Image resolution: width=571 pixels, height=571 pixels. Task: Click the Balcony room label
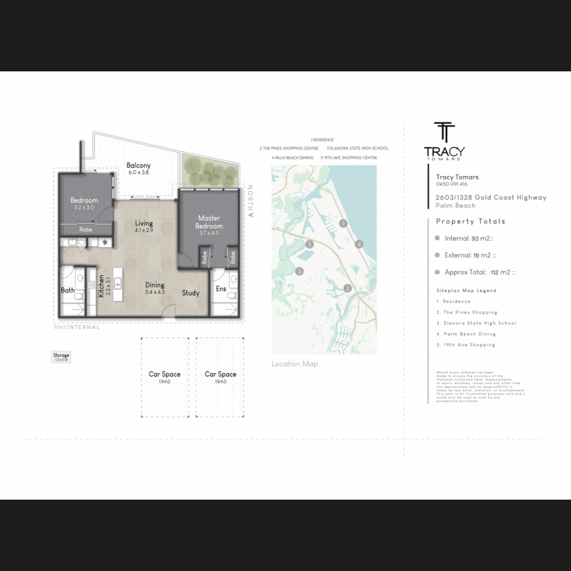click(x=139, y=165)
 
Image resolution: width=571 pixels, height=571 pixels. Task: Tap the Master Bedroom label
click(x=209, y=222)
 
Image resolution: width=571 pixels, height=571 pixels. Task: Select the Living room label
click(x=144, y=223)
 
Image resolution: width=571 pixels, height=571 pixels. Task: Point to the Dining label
click(x=155, y=285)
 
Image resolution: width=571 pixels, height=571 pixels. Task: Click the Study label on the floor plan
click(x=191, y=292)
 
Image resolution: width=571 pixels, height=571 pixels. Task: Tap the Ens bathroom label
click(x=220, y=289)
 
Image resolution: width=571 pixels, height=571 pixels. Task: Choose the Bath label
click(x=68, y=290)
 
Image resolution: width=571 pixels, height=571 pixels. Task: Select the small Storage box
click(x=61, y=357)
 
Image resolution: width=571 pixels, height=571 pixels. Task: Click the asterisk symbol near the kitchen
click(x=105, y=243)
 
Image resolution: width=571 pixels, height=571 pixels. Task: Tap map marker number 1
click(x=343, y=223)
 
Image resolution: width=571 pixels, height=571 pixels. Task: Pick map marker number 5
click(x=310, y=244)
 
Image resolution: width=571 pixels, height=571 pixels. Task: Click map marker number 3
click(x=299, y=271)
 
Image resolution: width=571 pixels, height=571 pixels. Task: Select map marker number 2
click(x=347, y=288)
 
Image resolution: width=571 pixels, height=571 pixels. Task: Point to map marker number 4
click(x=359, y=244)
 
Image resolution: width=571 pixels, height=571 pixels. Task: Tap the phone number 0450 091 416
click(x=452, y=185)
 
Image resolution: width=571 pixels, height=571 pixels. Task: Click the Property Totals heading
click(x=471, y=222)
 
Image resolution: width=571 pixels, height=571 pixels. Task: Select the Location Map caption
click(x=294, y=364)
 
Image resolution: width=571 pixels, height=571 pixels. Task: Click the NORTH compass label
click(x=251, y=201)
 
